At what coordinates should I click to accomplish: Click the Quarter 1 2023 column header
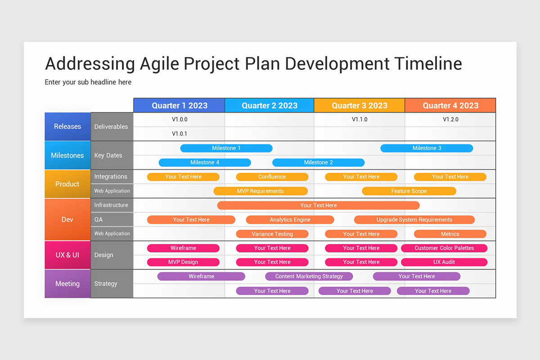(179, 105)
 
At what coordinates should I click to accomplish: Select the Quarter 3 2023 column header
(359, 105)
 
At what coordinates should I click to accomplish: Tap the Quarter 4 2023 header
(450, 105)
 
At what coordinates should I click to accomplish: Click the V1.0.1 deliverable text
(180, 134)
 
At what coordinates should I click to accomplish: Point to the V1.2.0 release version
(450, 120)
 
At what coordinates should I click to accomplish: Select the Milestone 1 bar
(226, 148)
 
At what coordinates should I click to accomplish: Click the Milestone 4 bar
(205, 162)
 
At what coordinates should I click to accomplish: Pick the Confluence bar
(272, 177)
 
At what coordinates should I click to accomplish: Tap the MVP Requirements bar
(260, 191)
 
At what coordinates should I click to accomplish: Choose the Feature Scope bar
(409, 191)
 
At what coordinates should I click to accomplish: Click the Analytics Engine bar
(290, 220)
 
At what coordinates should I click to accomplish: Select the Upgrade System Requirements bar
(414, 220)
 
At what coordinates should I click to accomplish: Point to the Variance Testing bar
(272, 234)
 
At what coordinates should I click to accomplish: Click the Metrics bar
(450, 234)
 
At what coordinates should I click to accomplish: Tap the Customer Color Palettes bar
(444, 248)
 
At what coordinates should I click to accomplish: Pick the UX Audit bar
(444, 262)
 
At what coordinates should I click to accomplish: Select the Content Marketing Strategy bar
(309, 276)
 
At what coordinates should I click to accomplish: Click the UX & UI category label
(67, 255)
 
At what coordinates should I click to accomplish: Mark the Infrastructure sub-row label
(111, 205)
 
